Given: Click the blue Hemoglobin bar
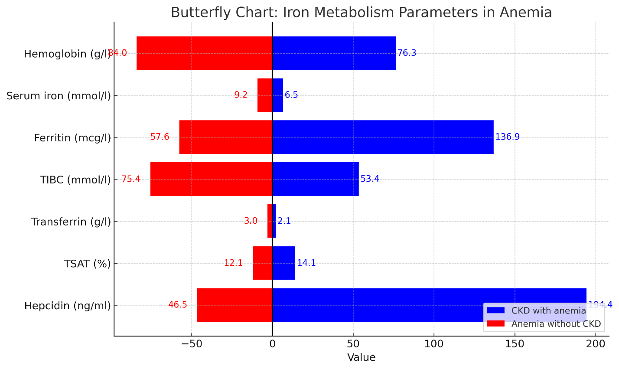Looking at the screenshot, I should (x=334, y=53).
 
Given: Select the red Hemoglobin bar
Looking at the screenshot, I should (x=204, y=53).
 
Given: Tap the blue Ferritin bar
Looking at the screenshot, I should (x=383, y=137).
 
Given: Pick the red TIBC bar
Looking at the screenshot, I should (x=211, y=179).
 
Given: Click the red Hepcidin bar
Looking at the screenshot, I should (x=235, y=305).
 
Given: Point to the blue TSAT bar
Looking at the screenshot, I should (x=284, y=263).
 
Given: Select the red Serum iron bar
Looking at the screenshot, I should (x=265, y=95).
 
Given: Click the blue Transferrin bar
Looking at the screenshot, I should (x=274, y=221).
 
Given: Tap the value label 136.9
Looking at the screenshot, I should (x=507, y=137).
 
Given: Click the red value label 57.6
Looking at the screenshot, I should (x=160, y=137).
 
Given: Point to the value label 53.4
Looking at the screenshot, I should (x=370, y=179).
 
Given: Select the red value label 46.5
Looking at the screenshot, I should (x=178, y=305).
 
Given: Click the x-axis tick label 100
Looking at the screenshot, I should (x=434, y=344).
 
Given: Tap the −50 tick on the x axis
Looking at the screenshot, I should (x=191, y=344).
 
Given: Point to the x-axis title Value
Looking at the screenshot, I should (x=361, y=358).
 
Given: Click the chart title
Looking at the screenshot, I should (x=361, y=12).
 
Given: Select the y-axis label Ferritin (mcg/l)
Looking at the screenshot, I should (x=72, y=138).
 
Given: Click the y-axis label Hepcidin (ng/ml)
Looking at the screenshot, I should (x=68, y=306).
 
